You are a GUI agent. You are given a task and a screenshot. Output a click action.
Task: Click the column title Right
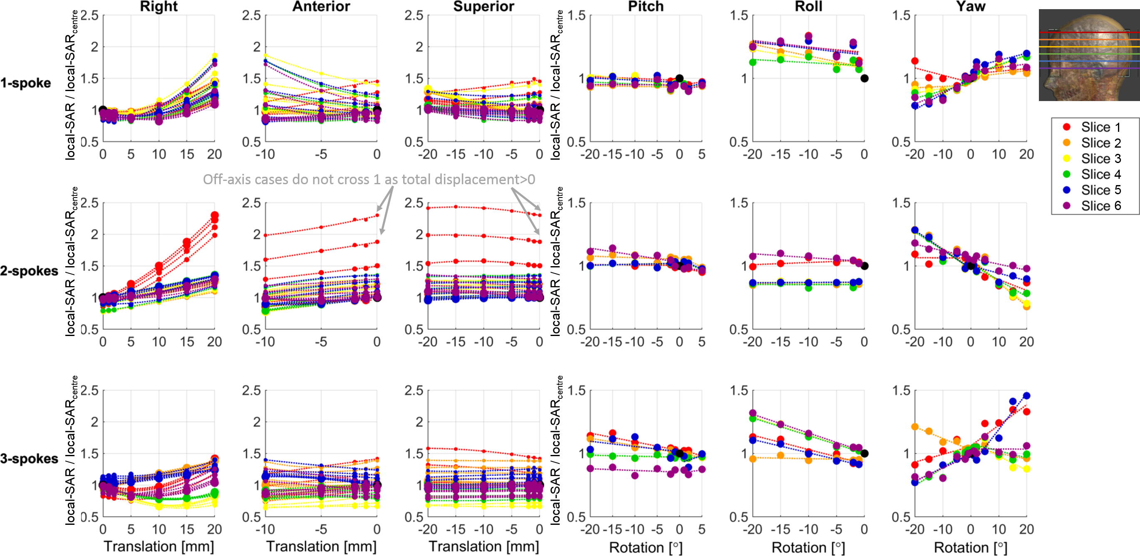(x=159, y=7)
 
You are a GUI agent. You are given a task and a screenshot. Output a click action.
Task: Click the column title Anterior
(x=321, y=7)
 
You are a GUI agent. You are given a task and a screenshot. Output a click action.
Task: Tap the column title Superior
(x=484, y=7)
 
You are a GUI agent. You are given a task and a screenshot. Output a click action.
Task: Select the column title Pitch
(x=646, y=7)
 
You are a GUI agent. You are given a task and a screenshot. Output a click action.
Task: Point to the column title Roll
(x=808, y=7)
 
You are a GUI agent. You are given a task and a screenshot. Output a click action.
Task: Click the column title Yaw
(x=971, y=7)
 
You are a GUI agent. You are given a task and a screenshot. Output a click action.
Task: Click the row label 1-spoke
(x=26, y=83)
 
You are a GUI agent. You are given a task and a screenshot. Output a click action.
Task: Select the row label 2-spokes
(x=29, y=271)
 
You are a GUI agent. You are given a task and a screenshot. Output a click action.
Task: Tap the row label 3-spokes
(x=29, y=459)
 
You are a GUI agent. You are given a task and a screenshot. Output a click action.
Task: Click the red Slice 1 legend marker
(x=1066, y=127)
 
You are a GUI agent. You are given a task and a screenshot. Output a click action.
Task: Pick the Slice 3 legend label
(x=1101, y=159)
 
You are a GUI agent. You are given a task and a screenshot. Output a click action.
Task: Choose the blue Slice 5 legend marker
(x=1066, y=190)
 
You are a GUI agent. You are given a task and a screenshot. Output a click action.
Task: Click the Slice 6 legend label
(x=1101, y=206)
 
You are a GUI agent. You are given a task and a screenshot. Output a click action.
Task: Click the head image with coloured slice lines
(x=1089, y=55)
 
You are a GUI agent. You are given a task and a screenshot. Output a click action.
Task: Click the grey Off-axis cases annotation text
(x=369, y=180)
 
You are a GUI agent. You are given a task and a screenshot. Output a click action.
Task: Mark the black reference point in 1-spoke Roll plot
(x=864, y=79)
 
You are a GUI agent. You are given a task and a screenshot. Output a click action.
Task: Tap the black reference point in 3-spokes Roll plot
(x=864, y=453)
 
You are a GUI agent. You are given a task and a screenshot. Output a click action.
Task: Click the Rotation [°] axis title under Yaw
(x=971, y=548)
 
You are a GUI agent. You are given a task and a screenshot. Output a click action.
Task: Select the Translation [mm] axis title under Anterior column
(x=321, y=547)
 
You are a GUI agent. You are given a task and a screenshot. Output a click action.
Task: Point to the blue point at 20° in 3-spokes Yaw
(x=1027, y=396)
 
